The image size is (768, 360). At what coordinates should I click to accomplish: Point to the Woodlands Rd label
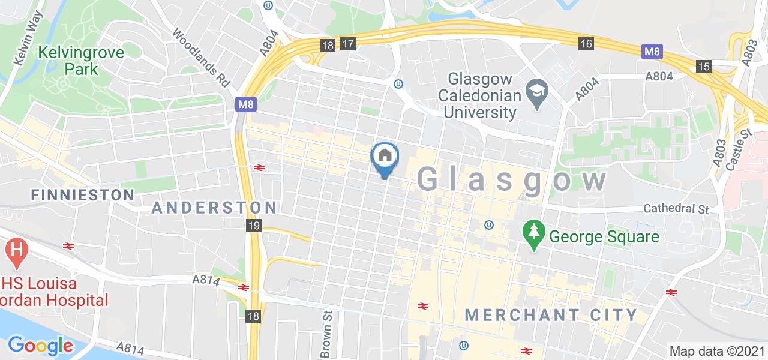tap(202, 58)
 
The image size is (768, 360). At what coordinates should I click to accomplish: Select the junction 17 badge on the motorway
tap(347, 44)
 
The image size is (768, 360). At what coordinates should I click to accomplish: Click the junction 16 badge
tap(586, 43)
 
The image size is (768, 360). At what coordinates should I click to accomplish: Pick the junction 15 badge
tap(704, 66)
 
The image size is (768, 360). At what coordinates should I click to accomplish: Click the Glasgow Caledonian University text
tap(478, 95)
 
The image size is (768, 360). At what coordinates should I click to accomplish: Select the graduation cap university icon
tap(534, 92)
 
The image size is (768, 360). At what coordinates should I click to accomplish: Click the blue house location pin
tap(385, 157)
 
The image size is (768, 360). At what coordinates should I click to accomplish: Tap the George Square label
tap(604, 236)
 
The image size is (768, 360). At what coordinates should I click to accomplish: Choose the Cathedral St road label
tap(676, 209)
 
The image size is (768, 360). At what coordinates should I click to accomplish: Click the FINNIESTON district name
tap(83, 195)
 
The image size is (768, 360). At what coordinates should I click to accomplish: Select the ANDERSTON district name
tap(214, 208)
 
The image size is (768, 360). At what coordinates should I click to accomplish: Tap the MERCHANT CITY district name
tap(551, 314)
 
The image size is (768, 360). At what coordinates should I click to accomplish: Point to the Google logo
tap(40, 346)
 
